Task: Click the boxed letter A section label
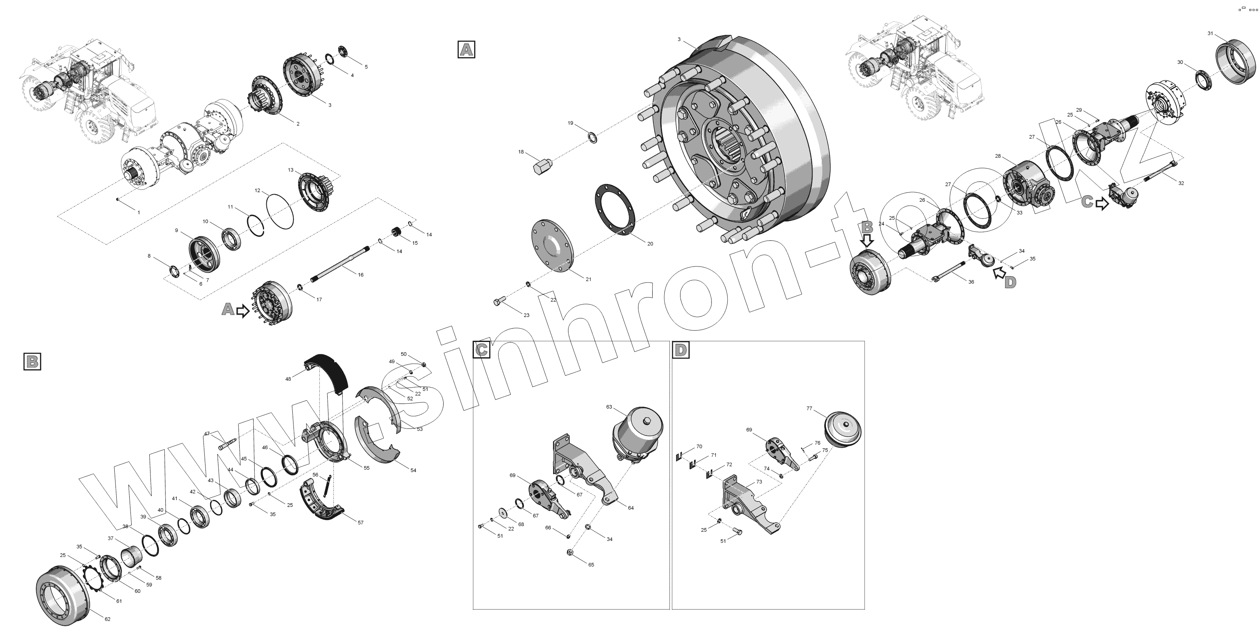466,50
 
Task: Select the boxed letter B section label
32,361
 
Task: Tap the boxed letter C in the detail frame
482,349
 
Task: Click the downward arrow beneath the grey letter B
867,240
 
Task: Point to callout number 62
108,619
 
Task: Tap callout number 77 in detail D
809,408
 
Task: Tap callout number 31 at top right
1210,33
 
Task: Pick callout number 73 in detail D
759,482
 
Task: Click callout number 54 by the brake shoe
413,470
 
